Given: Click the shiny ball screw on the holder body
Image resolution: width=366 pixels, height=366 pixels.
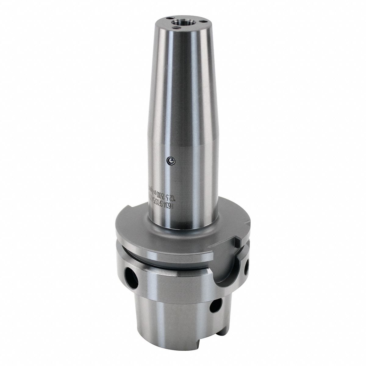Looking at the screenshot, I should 171,160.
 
